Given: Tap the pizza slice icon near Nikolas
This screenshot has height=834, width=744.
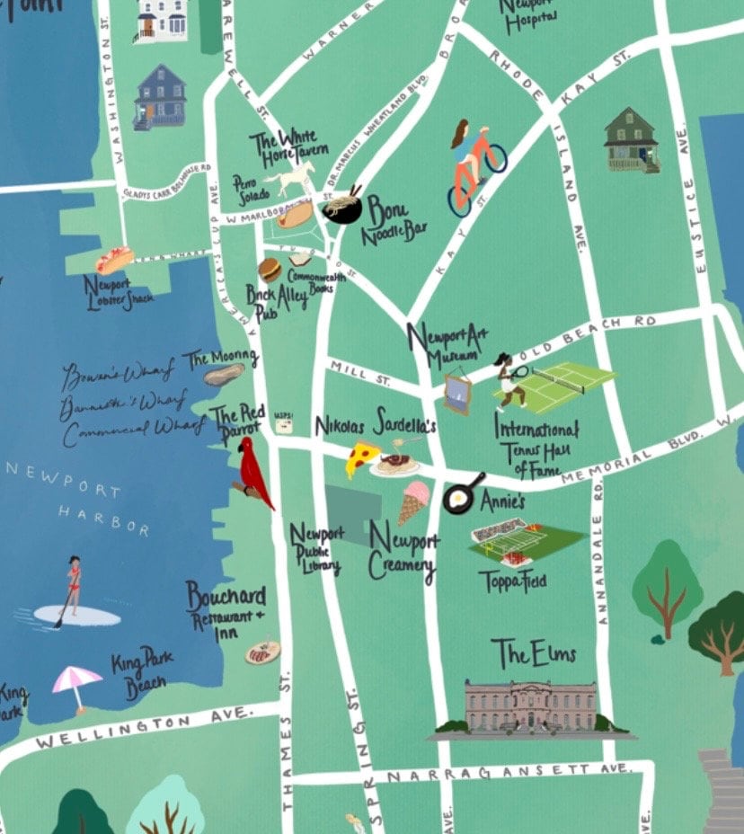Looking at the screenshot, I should [x=362, y=459].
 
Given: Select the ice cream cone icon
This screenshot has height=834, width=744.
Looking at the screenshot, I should [x=412, y=501].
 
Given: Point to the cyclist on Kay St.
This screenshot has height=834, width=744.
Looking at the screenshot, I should [x=474, y=166].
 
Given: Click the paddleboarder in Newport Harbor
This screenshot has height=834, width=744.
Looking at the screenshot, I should [x=71, y=589].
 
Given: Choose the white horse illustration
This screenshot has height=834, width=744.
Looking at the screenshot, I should [x=288, y=180].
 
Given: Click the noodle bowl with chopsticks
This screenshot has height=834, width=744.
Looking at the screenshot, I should [x=342, y=207].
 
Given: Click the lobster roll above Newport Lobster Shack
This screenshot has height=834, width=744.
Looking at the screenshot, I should [x=114, y=260].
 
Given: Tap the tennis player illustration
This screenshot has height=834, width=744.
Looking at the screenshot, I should [x=509, y=381].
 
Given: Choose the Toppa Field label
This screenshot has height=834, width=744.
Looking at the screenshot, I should [x=512, y=580].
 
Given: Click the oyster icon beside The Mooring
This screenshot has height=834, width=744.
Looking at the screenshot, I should [x=222, y=374].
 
